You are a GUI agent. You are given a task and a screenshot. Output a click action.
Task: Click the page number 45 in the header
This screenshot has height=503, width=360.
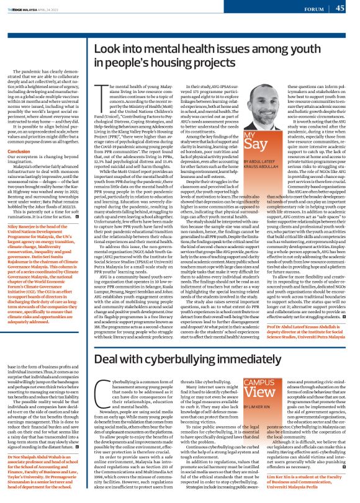340,7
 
